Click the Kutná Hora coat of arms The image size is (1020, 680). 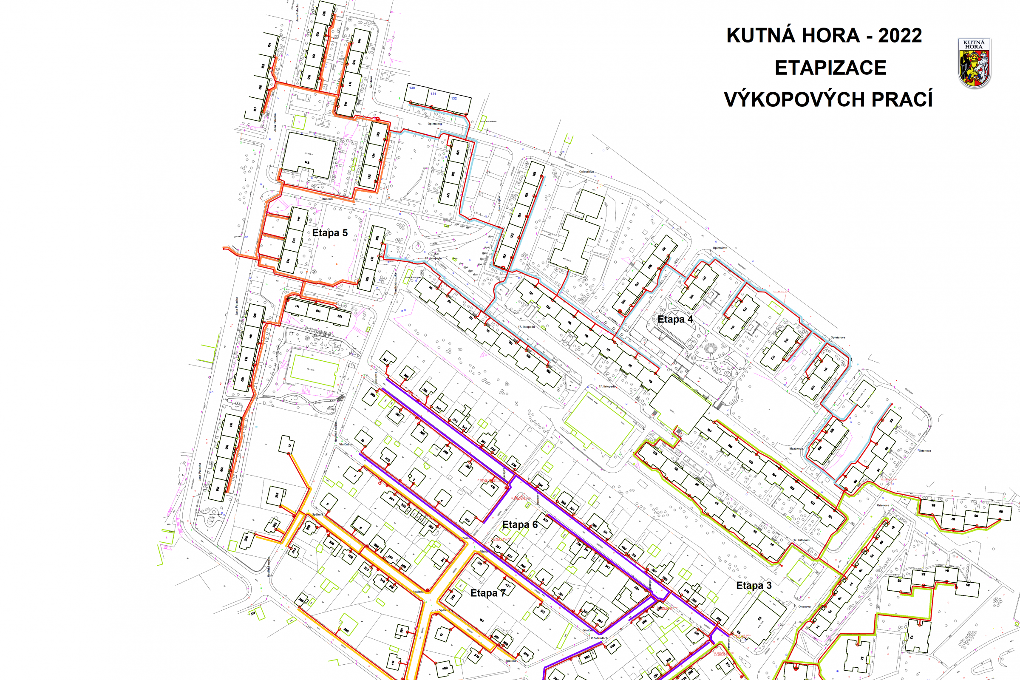pyautogui.click(x=974, y=63)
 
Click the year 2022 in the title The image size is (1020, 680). pyautogui.click(x=900, y=36)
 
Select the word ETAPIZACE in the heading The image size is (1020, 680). pyautogui.click(x=830, y=68)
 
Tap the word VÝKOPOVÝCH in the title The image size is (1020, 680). pyautogui.click(x=793, y=100)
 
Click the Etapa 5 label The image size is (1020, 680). pyautogui.click(x=330, y=233)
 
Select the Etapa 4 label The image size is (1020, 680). pyautogui.click(x=675, y=319)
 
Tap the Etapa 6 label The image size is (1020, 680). pyautogui.click(x=519, y=525)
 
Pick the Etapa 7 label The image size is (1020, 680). pyautogui.click(x=487, y=593)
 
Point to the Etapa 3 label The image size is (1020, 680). pyautogui.click(x=754, y=586)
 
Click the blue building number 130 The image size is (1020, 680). pyautogui.click(x=412, y=88)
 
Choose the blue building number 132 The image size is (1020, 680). pyautogui.click(x=453, y=99)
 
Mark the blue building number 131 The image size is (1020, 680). pyautogui.click(x=433, y=93)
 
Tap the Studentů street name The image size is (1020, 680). pyautogui.click(x=327, y=199)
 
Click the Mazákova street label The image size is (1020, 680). pyautogui.click(x=796, y=448)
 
